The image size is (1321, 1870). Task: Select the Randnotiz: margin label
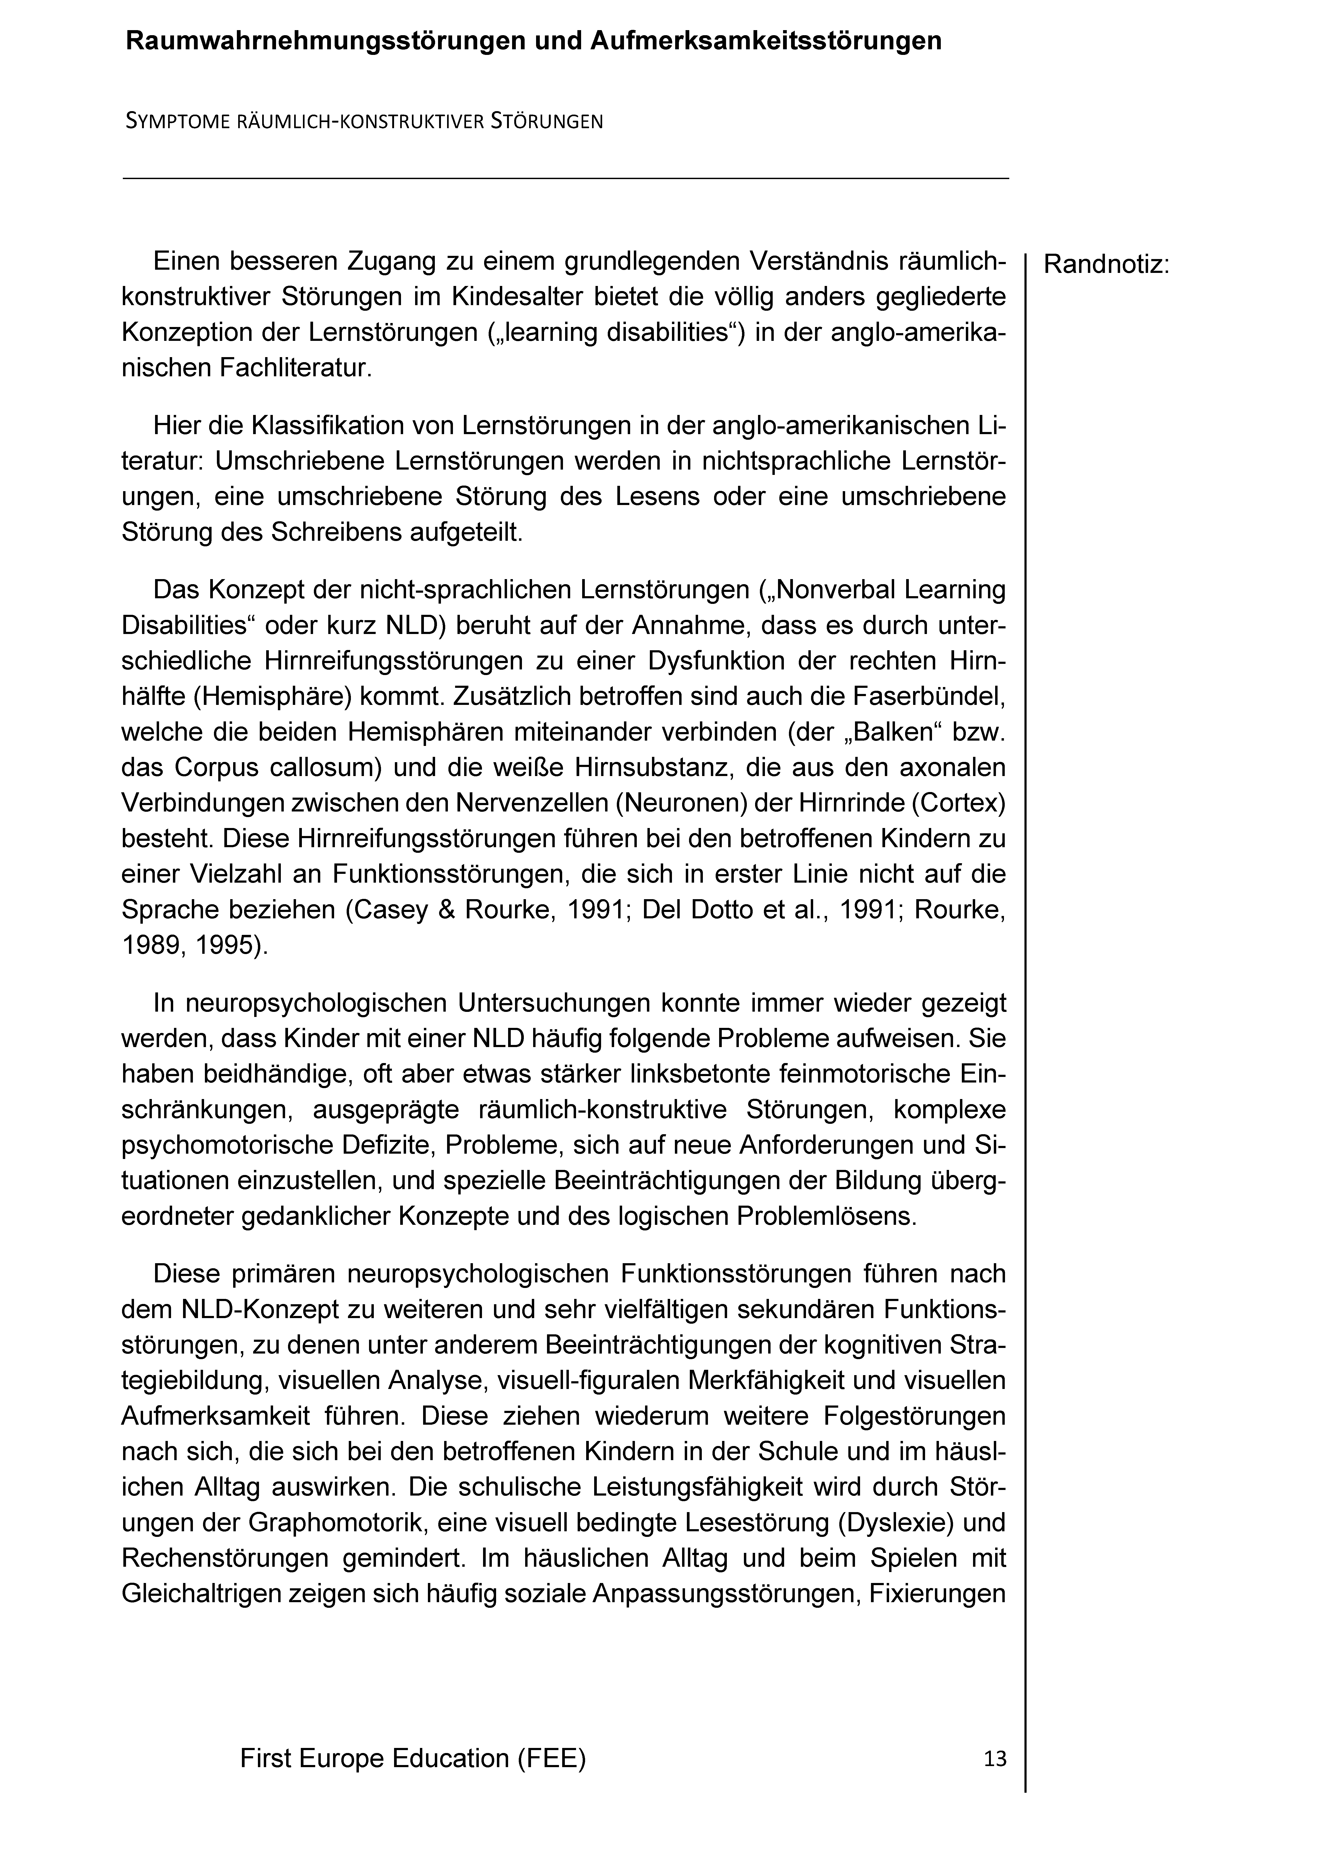pos(1106,265)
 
